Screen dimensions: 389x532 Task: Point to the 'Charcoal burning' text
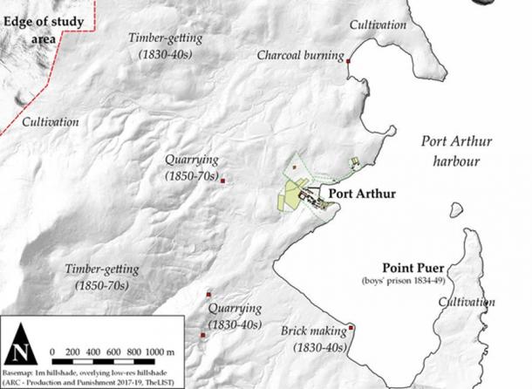coord(299,55)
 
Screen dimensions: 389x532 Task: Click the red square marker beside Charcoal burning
coord(348,62)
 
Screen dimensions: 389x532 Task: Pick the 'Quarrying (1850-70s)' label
coord(192,167)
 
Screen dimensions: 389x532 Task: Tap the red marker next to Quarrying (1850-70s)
coord(223,181)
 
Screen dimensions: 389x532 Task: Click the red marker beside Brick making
coord(351,328)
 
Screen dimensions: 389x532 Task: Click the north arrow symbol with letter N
coord(20,350)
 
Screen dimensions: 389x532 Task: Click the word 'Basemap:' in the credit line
coord(25,370)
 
